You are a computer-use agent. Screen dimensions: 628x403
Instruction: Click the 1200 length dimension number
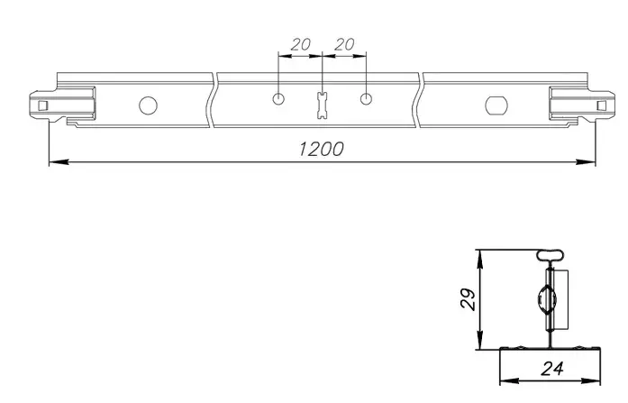322,149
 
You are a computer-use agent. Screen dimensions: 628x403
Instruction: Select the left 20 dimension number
300,44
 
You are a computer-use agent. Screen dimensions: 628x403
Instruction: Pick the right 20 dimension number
344,44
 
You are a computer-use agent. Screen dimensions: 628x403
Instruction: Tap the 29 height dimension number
469,299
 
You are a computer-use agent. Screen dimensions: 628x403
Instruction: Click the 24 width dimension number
552,369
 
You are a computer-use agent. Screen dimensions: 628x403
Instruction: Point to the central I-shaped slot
323,105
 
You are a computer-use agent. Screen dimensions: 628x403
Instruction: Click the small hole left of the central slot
278,98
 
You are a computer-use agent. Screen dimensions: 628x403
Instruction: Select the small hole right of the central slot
366,98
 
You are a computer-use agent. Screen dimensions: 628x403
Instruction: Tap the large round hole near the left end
148,105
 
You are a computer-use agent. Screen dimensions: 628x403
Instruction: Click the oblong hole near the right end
496,105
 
